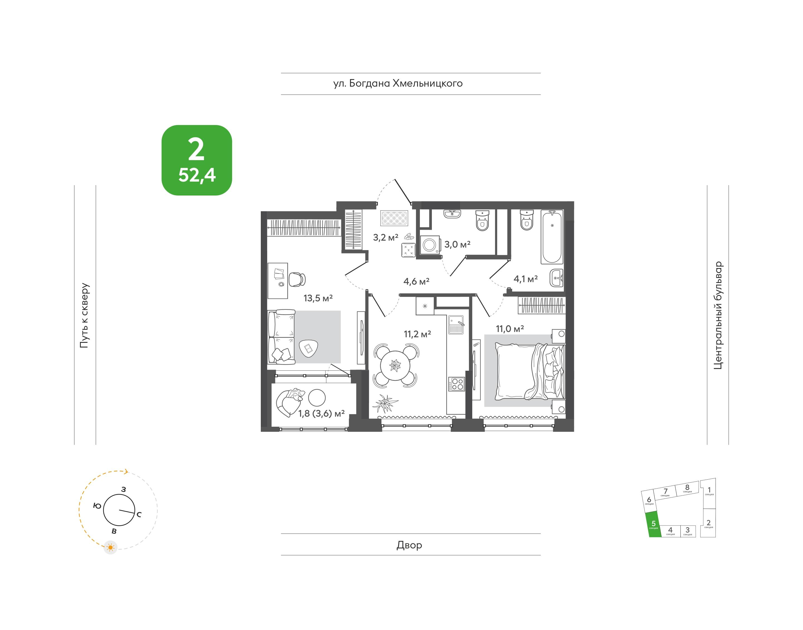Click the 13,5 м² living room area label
[318, 298]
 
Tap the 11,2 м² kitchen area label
[417, 334]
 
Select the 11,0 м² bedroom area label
[510, 329]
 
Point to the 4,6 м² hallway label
[416, 281]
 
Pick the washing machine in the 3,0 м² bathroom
[430, 245]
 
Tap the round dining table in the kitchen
[395, 365]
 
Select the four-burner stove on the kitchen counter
[456, 384]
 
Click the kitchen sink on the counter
[456, 325]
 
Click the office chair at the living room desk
[297, 279]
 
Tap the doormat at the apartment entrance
[394, 218]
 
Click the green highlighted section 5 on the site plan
[653, 524]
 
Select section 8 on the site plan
[687, 488]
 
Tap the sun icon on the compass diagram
[110, 547]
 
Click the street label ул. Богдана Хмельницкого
[398, 84]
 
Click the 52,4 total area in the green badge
[197, 175]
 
